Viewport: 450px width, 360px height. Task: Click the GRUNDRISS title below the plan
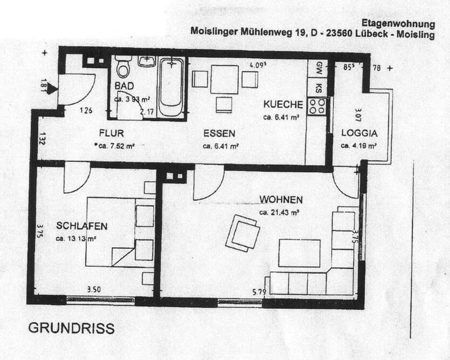pyautogui.click(x=70, y=329)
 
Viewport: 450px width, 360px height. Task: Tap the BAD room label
pyautogui.click(x=124, y=87)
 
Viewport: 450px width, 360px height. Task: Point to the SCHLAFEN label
pyautogui.click(x=81, y=226)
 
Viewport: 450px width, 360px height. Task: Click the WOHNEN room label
pyautogui.click(x=280, y=199)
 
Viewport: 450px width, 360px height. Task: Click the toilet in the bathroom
pyautogui.click(x=124, y=67)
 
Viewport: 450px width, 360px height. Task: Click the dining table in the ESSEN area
pyautogui.click(x=224, y=77)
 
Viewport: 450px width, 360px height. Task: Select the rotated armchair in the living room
pyautogui.click(x=242, y=233)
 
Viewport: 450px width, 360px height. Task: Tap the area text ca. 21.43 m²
pyautogui.click(x=279, y=212)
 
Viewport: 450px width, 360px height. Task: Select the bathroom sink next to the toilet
pyautogui.click(x=146, y=60)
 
